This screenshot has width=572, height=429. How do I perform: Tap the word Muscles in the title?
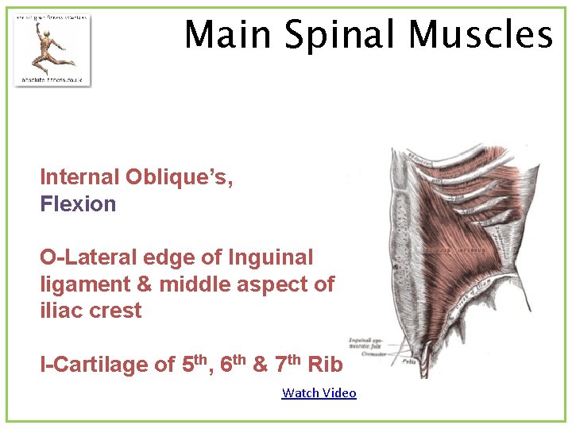pos(480,35)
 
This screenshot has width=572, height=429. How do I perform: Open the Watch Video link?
pos(319,392)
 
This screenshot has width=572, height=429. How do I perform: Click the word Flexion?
pos(78,204)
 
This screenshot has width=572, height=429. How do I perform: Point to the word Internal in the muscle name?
pos(76,177)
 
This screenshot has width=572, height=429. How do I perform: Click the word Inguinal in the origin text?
pos(270,257)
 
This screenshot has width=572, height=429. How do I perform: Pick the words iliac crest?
pos(91,311)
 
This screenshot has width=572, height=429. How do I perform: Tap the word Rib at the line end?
pos(324,364)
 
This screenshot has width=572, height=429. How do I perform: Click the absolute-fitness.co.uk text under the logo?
pos(52,79)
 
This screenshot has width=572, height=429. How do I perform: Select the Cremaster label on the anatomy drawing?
pos(373,354)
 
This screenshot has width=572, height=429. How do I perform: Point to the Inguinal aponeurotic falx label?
pos(367,343)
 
